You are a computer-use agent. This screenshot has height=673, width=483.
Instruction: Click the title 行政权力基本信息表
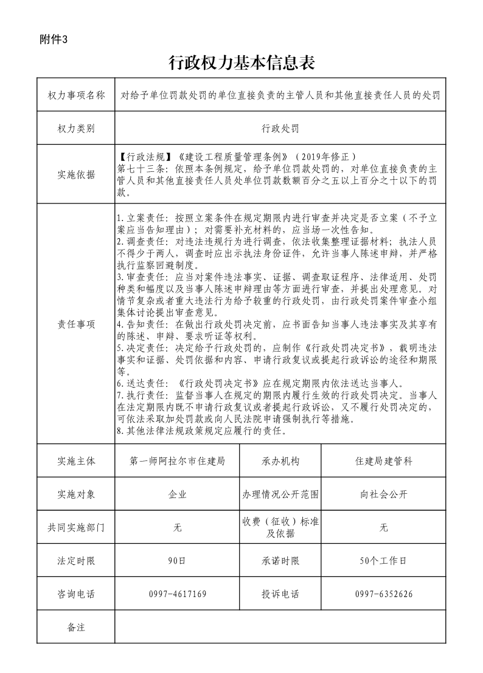pos(241,63)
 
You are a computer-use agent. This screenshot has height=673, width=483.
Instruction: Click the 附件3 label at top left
pos(54,39)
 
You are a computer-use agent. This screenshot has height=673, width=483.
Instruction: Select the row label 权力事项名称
pos(76,95)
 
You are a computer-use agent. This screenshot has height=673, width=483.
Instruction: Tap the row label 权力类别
pos(76,129)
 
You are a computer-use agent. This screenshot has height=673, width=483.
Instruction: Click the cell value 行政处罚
pos(280,129)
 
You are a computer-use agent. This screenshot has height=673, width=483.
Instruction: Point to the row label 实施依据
pos(76,175)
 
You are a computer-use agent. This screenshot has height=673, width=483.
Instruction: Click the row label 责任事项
pos(76,324)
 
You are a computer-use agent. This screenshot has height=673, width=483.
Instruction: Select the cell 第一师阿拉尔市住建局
pos(178,461)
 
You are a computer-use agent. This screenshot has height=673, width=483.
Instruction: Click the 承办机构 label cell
pos(280,461)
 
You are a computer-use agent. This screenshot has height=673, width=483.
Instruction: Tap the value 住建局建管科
pos(383,461)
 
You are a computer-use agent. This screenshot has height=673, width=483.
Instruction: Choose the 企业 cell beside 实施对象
pos(178,494)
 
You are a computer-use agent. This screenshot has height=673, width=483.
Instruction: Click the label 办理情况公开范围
pos(280,494)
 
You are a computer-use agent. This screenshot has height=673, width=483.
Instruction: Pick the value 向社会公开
pos(383,494)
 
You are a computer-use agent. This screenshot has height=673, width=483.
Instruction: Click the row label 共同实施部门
pos(76,528)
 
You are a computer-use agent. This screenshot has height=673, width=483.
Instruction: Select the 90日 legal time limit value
pos(178,561)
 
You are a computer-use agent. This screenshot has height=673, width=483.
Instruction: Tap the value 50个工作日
pos(383,561)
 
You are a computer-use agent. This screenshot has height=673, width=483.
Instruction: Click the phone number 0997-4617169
pos(178,593)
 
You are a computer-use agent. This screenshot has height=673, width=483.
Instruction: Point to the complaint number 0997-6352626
pos(383,593)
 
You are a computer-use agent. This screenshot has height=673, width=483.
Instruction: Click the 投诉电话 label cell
pos(280,593)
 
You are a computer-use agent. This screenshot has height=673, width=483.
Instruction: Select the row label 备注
pos(76,627)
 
